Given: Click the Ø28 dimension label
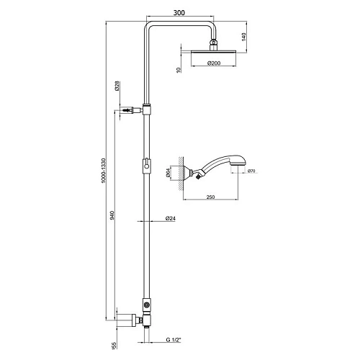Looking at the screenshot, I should point(118,89).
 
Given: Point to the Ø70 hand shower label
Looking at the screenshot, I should point(251,171).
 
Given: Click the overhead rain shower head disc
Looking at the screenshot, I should point(213,53).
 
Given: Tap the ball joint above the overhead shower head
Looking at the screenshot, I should point(213,45).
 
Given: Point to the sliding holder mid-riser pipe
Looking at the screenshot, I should point(146,165).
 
